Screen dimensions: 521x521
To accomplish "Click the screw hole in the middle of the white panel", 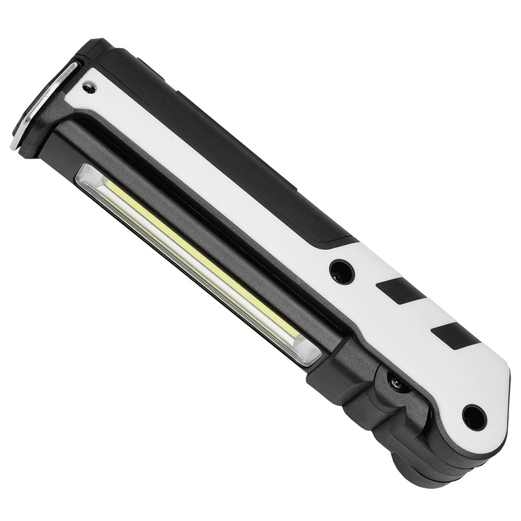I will click(x=341, y=271).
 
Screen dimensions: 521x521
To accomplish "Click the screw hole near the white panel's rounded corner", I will click(x=474, y=417).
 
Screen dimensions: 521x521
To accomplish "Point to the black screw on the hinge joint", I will click(x=397, y=384).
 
